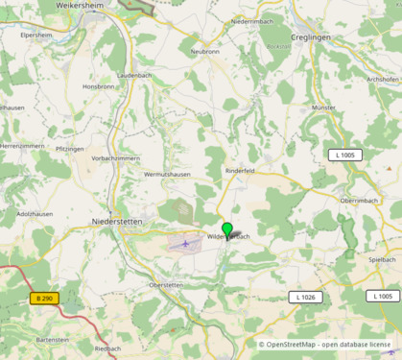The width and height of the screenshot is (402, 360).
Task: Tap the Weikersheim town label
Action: click(x=81, y=6)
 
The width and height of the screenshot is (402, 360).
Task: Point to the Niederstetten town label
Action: click(x=116, y=221)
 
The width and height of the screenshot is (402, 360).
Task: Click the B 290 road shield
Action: click(x=45, y=299)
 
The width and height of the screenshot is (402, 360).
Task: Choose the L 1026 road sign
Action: click(x=306, y=298)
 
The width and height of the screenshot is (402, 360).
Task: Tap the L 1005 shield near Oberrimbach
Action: click(x=345, y=155)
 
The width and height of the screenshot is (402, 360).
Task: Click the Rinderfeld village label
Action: click(x=239, y=170)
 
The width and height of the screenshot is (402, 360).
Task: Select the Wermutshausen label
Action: click(x=166, y=174)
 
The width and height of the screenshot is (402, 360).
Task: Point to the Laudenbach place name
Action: click(x=134, y=74)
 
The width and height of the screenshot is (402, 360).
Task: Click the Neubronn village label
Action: click(x=204, y=51)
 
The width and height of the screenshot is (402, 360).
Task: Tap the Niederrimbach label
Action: click(x=254, y=20)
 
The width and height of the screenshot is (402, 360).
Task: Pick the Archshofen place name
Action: click(x=383, y=80)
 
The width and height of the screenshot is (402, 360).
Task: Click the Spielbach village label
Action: click(x=382, y=259)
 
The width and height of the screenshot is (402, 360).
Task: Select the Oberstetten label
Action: click(x=166, y=285)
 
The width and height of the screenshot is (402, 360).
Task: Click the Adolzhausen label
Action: click(x=35, y=214)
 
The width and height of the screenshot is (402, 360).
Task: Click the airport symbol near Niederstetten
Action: click(x=184, y=244)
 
